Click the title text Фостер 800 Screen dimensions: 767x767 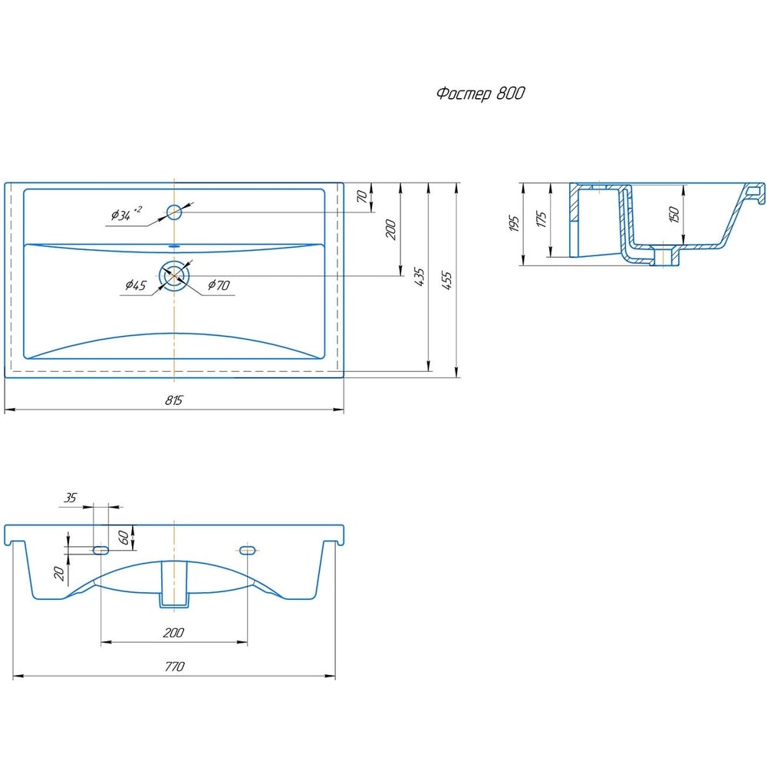pyautogui.click(x=480, y=93)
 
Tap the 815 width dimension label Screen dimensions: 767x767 pyautogui.click(x=173, y=400)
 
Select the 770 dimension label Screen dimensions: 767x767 pyautogui.click(x=175, y=667)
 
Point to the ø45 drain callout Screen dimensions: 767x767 pyautogui.click(x=136, y=285)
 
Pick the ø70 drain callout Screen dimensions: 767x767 pyautogui.click(x=219, y=285)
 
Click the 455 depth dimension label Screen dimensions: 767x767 pyautogui.click(x=446, y=281)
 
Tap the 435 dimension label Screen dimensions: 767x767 pyautogui.click(x=420, y=277)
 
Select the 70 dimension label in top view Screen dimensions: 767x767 pyautogui.click(x=362, y=196)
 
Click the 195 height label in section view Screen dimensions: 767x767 pyautogui.click(x=514, y=223)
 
